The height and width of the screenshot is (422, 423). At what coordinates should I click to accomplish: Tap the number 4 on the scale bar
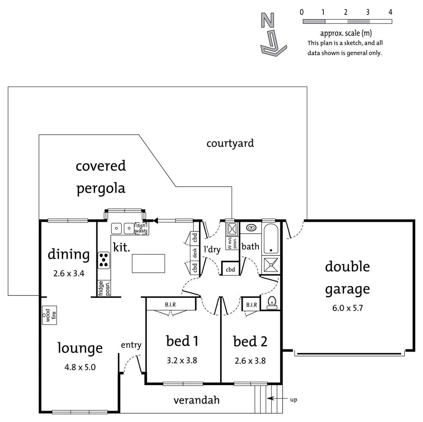[390, 12]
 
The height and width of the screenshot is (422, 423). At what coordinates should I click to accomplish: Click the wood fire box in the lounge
[50, 315]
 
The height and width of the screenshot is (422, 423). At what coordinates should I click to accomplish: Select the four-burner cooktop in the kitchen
[104, 260]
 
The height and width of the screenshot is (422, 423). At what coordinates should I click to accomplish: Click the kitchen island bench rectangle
[148, 263]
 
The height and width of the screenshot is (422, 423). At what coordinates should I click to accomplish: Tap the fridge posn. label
[104, 288]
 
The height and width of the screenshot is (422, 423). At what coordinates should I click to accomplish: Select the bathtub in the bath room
[271, 239]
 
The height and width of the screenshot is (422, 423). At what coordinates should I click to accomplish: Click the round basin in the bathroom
[250, 228]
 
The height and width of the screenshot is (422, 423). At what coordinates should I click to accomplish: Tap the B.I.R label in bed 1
[170, 304]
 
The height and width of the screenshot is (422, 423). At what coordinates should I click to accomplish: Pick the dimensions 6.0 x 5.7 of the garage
[348, 308]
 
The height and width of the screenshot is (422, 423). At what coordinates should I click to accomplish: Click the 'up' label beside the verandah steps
[293, 400]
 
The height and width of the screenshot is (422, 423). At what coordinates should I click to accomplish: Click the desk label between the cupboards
[195, 253]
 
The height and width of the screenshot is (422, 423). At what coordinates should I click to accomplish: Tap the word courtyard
[230, 143]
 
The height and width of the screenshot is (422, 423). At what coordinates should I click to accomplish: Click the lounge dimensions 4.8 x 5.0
[80, 367]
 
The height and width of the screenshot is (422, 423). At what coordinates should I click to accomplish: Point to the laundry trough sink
[232, 228]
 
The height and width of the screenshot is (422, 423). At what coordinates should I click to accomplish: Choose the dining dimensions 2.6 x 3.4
[69, 274]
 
